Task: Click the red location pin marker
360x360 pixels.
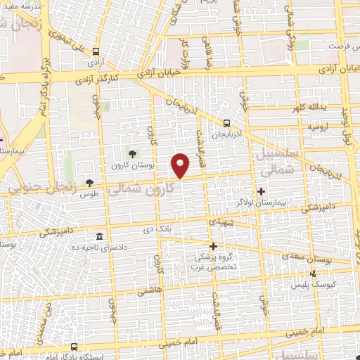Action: (181, 165)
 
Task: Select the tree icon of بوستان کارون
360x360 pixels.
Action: (132, 154)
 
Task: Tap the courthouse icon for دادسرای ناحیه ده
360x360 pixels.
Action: (99, 236)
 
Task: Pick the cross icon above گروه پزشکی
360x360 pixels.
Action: (214, 246)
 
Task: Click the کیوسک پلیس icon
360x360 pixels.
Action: (314, 274)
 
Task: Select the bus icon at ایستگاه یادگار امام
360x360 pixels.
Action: (75, 347)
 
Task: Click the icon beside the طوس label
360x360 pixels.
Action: (89, 182)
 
